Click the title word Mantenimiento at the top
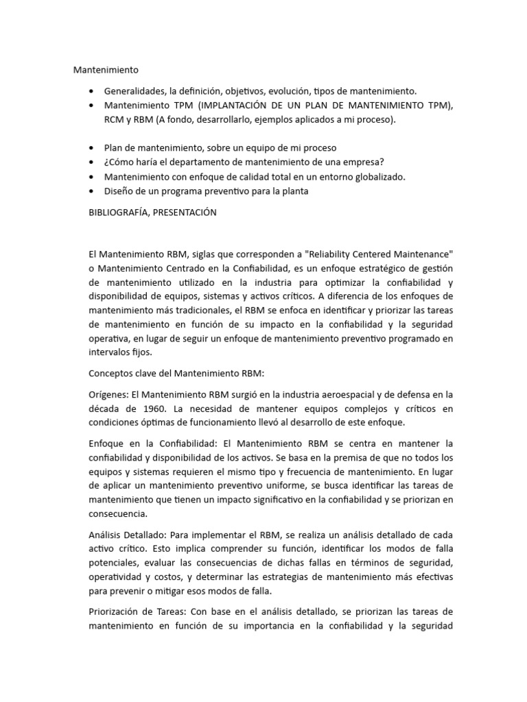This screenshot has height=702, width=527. coord(106,70)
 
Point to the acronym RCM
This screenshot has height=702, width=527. coord(115,120)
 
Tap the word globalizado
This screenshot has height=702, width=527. coord(379,177)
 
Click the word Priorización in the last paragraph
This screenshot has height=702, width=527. coord(117,612)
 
